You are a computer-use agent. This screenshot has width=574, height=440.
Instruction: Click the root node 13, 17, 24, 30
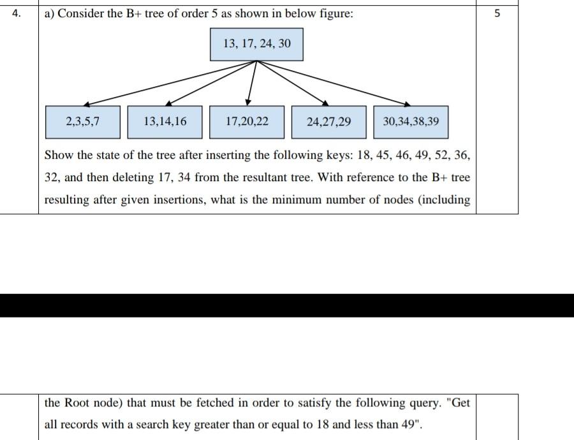coord(256,44)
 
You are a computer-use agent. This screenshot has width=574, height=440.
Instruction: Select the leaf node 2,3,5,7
coord(83,122)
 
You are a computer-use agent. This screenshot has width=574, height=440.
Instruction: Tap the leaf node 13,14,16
coord(165,122)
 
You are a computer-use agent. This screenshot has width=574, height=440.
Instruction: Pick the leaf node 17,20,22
coord(247,122)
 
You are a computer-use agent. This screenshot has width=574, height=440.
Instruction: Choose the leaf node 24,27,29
coord(328,122)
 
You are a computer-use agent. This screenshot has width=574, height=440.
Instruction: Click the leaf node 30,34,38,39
coord(411,122)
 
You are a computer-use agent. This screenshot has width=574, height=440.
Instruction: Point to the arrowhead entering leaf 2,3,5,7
coord(87,104)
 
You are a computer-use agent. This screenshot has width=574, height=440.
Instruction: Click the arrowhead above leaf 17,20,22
coord(248,101)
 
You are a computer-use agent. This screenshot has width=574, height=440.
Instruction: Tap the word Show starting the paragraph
coord(58,155)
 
